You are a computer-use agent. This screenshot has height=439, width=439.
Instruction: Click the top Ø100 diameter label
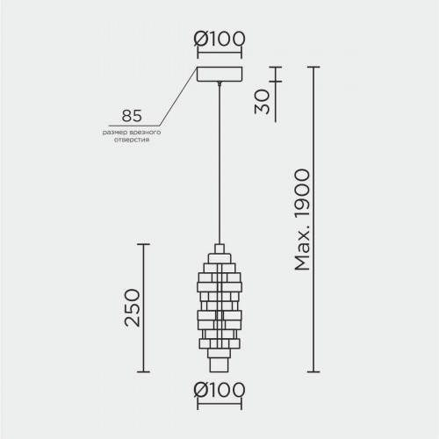pos(219,39)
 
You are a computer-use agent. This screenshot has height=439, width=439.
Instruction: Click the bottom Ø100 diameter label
pos(219,390)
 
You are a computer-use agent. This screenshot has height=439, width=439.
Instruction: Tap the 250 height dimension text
pos(133,307)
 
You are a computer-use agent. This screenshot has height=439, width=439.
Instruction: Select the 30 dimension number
pos(262,102)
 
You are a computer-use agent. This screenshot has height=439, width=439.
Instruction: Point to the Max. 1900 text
pos(302,219)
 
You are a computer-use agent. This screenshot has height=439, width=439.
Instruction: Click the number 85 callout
pos(132,116)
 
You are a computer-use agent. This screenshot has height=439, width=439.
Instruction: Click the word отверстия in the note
pos(132,140)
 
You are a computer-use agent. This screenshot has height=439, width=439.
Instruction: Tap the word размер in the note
pos(112,133)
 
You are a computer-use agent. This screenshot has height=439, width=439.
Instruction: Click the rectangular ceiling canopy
pos(219,74)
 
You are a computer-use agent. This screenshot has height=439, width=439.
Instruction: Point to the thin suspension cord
pos(219,164)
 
